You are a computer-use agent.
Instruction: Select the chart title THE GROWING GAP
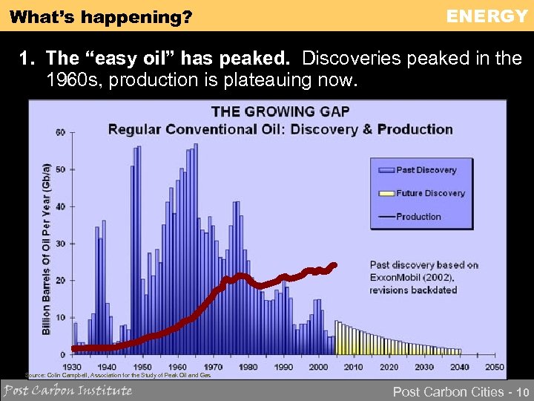280,112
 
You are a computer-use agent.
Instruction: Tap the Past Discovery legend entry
426,170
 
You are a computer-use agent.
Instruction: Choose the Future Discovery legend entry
430,193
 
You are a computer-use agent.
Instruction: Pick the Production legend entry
418,217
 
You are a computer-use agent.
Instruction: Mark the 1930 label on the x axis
72,367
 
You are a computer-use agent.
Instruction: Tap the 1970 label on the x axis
213,367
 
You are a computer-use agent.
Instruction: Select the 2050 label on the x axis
494,367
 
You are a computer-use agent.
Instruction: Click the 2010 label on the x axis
354,367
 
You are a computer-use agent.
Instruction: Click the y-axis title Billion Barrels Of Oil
46,249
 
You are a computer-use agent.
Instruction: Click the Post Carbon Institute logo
68,391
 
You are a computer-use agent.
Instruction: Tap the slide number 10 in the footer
523,391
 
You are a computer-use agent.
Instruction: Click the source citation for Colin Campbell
119,376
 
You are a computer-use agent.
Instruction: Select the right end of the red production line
334,264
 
